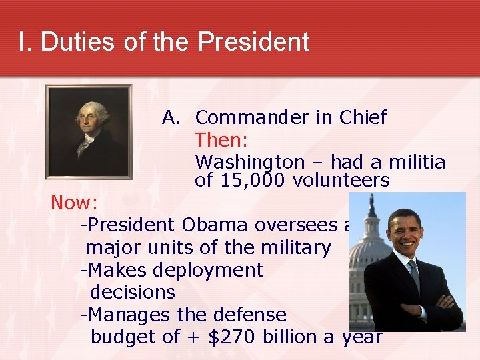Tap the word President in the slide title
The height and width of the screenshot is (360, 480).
(x=254, y=41)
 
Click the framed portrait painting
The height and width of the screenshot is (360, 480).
(x=88, y=131)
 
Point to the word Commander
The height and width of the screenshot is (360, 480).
(x=252, y=118)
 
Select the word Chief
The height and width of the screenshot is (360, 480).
(x=362, y=118)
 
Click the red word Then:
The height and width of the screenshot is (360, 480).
(x=221, y=141)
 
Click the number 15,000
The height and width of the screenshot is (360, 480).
(x=247, y=181)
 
